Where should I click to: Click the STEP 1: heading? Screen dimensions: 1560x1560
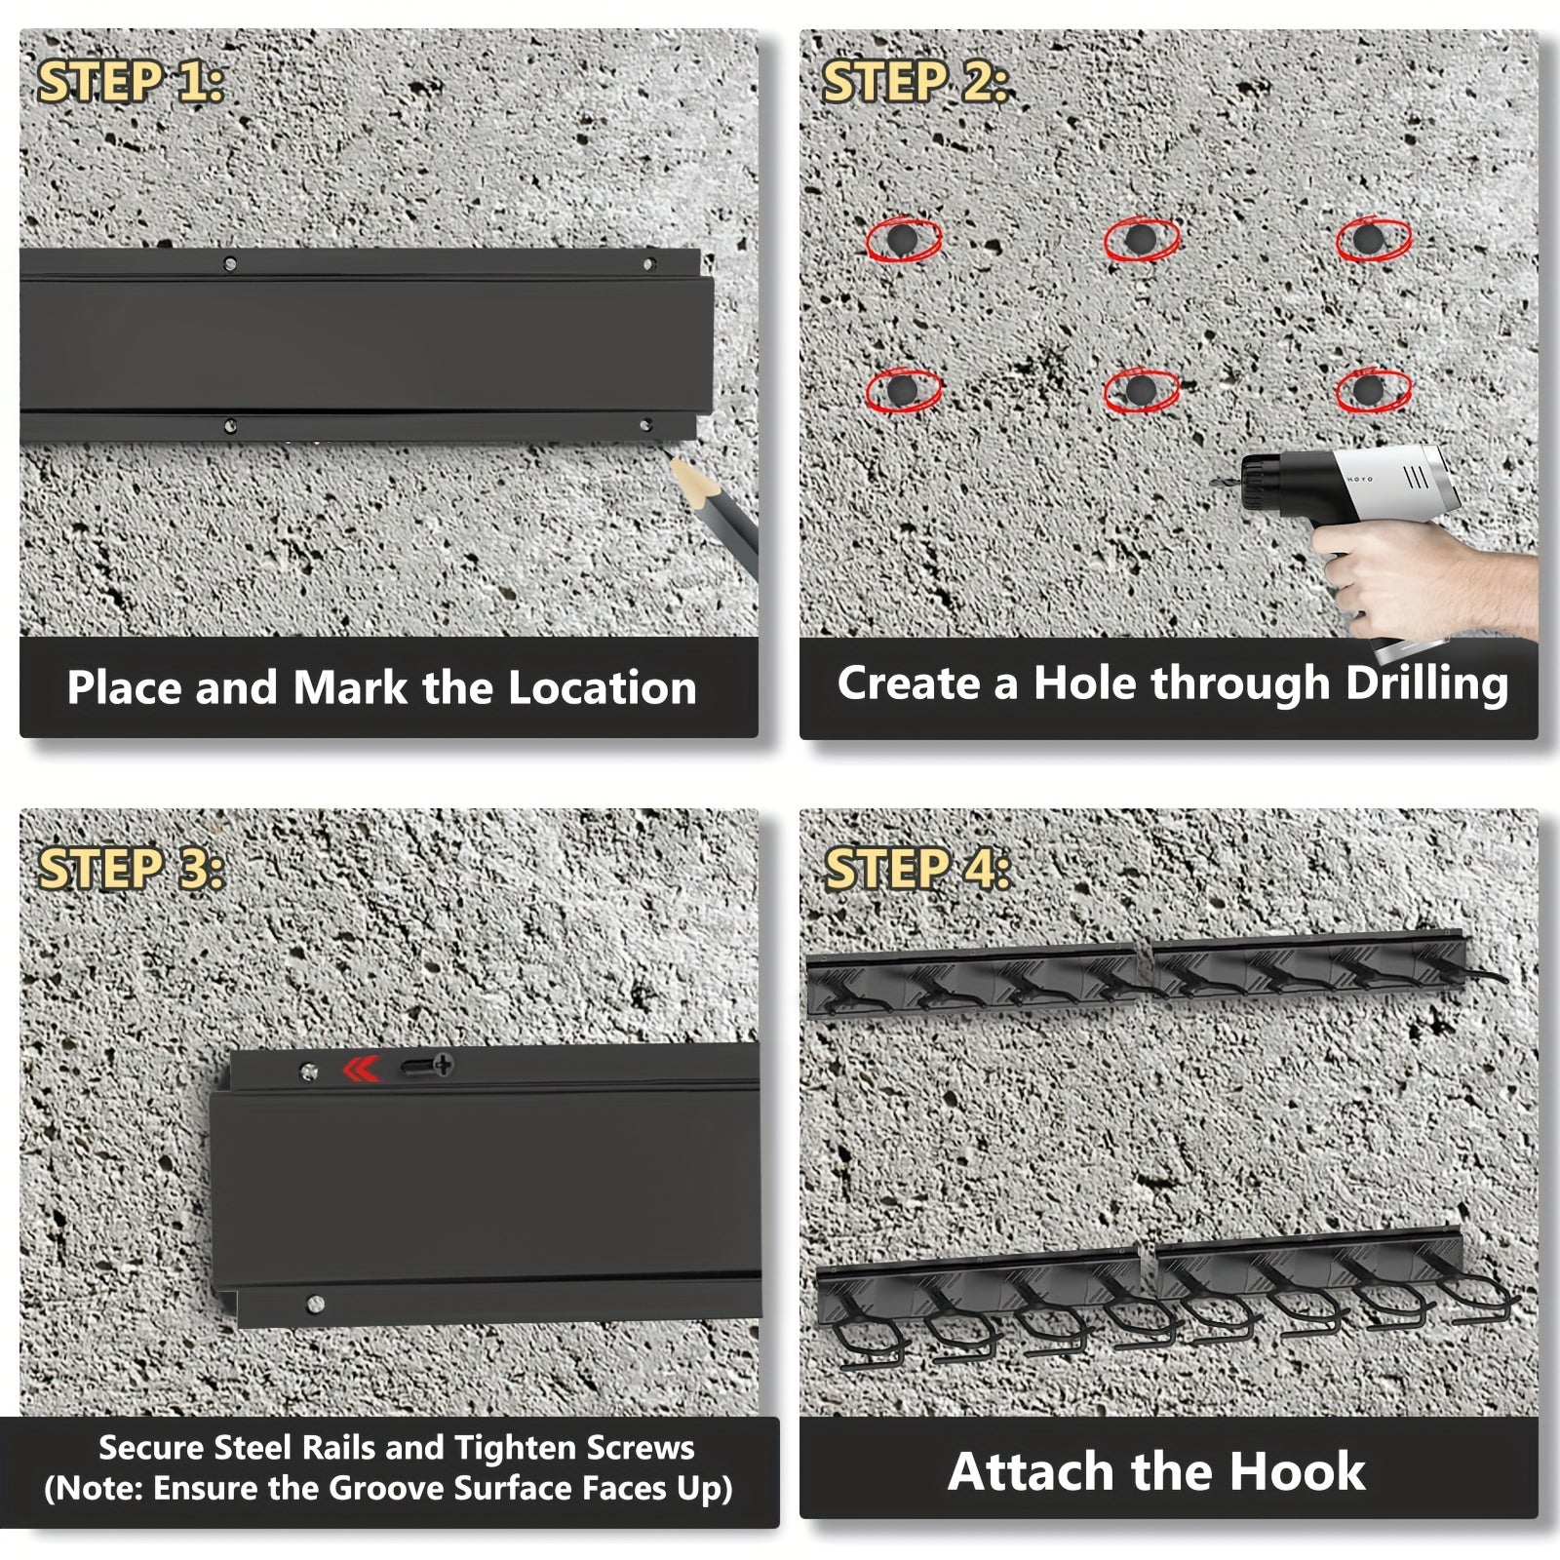coord(131,83)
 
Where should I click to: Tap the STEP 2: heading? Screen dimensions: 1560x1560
coord(915,82)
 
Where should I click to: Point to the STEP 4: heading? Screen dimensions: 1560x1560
coord(917,869)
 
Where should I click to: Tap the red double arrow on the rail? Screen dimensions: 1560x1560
coord(360,1070)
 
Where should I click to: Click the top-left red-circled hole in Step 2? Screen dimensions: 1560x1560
coord(904,239)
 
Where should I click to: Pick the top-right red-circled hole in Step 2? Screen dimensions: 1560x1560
coord(1373,239)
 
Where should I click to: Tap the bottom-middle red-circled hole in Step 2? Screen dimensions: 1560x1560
coord(1141,390)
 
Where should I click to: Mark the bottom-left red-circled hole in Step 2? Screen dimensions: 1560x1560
coord(904,390)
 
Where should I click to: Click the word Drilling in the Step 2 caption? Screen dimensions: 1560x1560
coord(1426,684)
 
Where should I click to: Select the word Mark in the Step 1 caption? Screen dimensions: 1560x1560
coord(350,687)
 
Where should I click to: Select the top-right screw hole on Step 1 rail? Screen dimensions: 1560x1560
coord(647,264)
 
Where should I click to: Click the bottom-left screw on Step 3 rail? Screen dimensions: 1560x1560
coord(314,1303)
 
